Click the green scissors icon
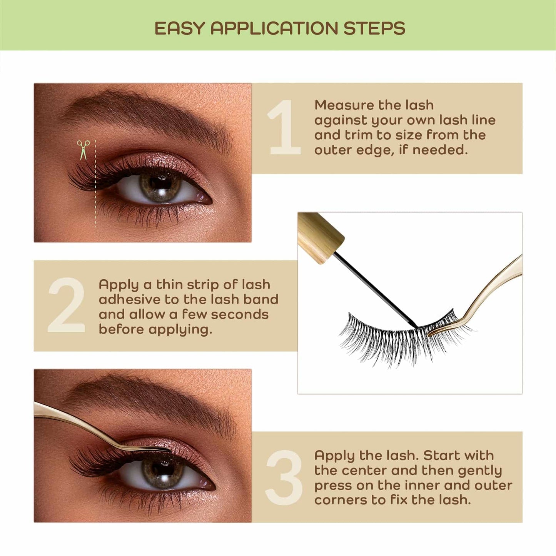point(83,149)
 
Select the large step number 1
point(284,127)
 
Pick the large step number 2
point(66,306)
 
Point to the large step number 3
point(284,478)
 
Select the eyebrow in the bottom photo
point(154,400)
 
